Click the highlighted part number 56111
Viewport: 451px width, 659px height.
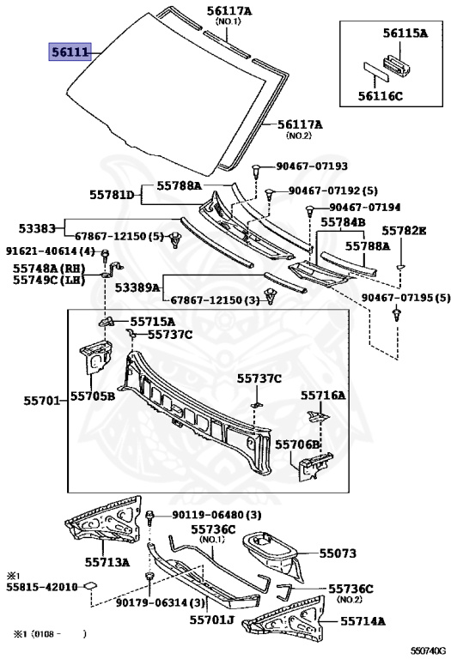tap(70, 52)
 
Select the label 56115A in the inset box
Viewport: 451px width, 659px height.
tap(405, 33)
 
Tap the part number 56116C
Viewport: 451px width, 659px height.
tap(381, 96)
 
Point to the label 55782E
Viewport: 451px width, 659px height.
tap(404, 231)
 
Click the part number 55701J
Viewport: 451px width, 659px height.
tap(211, 620)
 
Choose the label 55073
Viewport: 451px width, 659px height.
tap(338, 553)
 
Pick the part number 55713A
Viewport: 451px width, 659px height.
tap(107, 562)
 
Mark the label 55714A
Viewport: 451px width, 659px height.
tap(363, 620)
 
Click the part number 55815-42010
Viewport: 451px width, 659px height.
tap(41, 587)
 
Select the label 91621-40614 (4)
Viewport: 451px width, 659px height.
tap(51, 251)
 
